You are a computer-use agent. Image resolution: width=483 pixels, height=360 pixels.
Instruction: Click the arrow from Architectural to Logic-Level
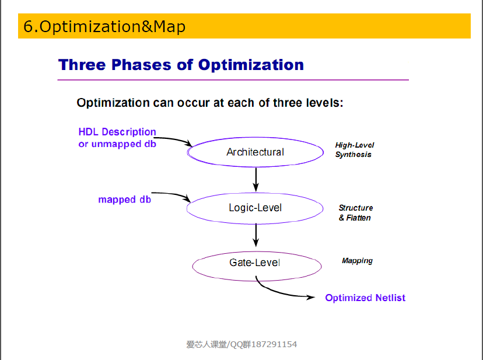pyautogui.click(x=256, y=180)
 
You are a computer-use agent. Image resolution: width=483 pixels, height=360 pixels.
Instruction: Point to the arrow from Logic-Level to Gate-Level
pyautogui.click(x=256, y=236)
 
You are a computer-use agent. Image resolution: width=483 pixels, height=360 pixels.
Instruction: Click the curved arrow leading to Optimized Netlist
pyautogui.click(x=277, y=293)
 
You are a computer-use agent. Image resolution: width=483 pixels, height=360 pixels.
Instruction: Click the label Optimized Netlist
pyautogui.click(x=365, y=298)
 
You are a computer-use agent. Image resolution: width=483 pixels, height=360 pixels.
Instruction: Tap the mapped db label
pyautogui.click(x=124, y=200)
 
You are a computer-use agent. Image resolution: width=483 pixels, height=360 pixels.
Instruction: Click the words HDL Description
pyautogui.click(x=117, y=132)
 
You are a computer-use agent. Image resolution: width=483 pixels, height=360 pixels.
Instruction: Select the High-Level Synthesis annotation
pyautogui.click(x=354, y=150)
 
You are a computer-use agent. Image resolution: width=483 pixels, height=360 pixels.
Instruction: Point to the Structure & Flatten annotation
pyautogui.click(x=356, y=212)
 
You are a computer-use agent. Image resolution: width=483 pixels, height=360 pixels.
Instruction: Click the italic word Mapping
pyautogui.click(x=358, y=261)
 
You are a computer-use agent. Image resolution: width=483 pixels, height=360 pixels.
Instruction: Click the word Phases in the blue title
pyautogui.click(x=141, y=65)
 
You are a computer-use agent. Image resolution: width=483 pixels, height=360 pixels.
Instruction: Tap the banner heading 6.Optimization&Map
pyautogui.click(x=104, y=26)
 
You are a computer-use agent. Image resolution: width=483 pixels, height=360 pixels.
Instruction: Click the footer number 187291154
pyautogui.click(x=274, y=344)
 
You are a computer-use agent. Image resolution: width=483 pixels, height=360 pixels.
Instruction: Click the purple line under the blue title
pyautogui.click(x=233, y=80)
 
